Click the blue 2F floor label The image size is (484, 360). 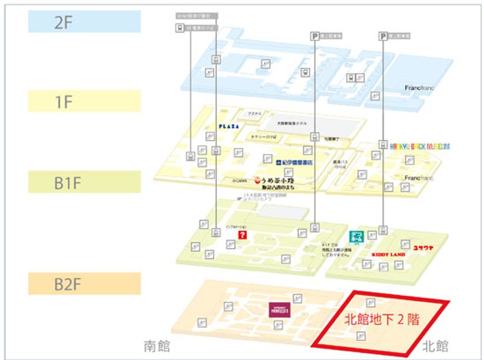[84, 21]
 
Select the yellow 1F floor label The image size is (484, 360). [84, 101]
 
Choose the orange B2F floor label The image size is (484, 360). [84, 283]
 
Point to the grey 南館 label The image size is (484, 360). [157, 346]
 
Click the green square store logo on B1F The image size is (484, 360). [357, 237]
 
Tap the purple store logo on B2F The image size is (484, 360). [279, 309]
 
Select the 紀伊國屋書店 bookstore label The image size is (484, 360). [293, 162]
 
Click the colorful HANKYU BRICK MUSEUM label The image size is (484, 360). [420, 147]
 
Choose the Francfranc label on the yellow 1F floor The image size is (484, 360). [419, 177]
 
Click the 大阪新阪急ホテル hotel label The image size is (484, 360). [291, 123]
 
